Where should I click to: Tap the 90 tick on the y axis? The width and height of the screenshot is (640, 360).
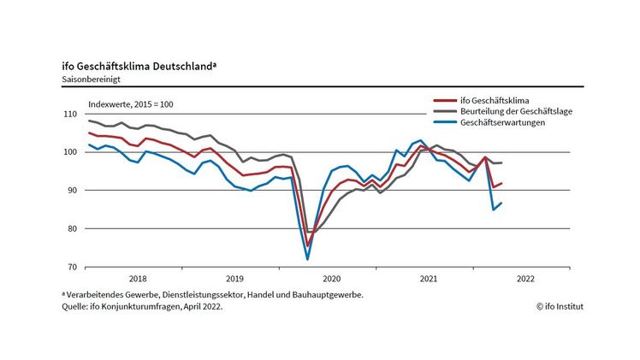[x=72, y=191]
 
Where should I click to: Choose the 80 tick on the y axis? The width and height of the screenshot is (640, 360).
[x=72, y=229]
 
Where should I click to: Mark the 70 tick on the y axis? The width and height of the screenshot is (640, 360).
[x=72, y=267]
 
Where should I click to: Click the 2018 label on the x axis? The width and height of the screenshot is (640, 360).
[x=137, y=279]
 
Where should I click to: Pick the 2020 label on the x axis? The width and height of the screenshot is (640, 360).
[x=331, y=279]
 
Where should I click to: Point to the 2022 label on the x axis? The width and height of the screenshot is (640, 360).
[x=525, y=279]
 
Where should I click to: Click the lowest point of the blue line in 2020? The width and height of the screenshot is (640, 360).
[x=307, y=259]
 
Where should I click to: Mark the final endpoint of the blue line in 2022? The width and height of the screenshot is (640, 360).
[x=501, y=203]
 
